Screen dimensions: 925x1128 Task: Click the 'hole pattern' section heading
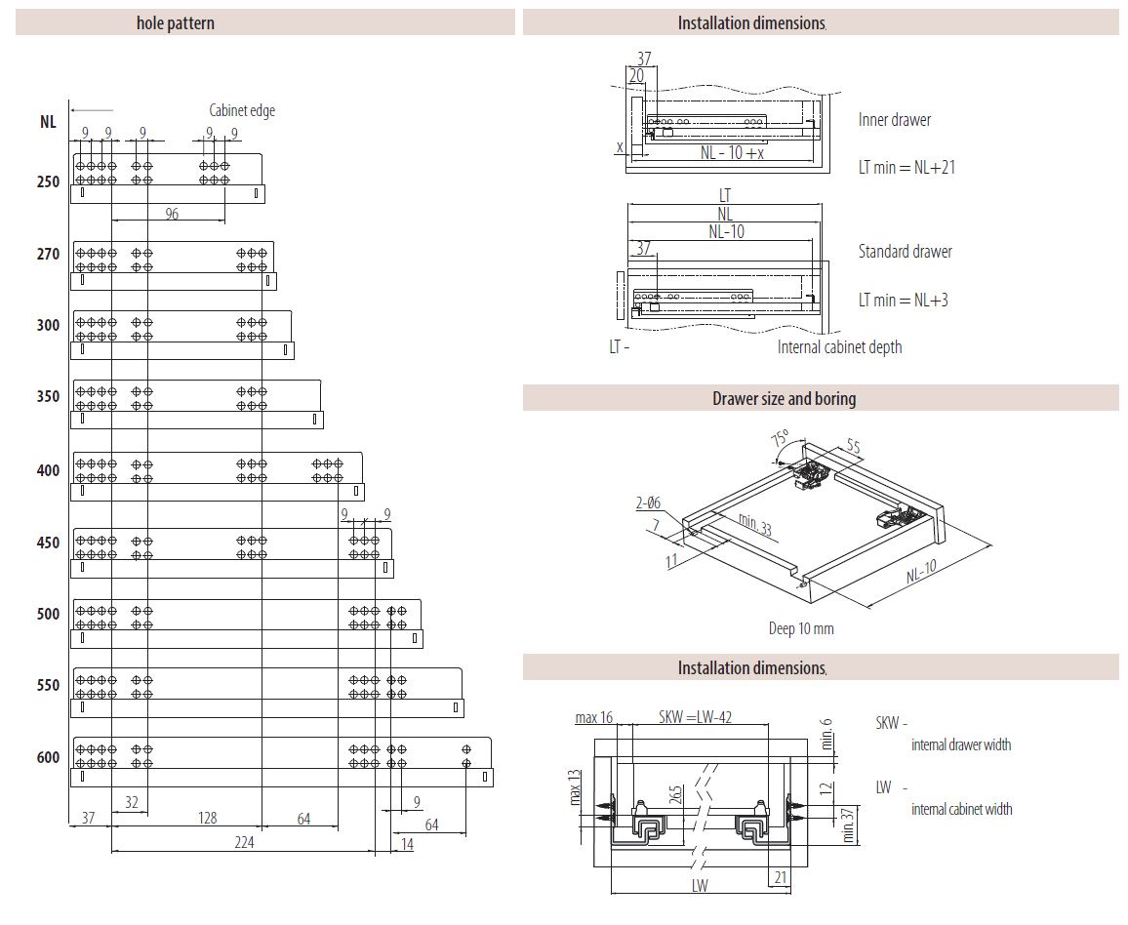176,22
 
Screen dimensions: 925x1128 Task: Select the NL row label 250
48,181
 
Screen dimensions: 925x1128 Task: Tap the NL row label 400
48,470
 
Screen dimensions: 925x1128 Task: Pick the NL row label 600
48,757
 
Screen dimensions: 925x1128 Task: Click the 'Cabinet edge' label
242,110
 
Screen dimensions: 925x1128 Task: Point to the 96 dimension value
172,214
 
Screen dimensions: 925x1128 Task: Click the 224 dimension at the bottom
244,842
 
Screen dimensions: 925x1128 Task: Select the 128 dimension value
207,818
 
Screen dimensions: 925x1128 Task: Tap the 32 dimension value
131,801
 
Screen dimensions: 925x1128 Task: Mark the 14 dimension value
407,843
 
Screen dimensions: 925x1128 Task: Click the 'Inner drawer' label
895,120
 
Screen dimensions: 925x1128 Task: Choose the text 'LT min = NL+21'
906,167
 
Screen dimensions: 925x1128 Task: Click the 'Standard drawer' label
905,252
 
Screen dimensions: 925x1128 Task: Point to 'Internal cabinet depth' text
839,347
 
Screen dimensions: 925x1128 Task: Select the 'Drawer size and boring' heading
784,398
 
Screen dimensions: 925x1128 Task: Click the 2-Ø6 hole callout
648,503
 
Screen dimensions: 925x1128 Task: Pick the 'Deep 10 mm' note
801,628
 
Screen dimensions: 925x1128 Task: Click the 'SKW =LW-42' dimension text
695,717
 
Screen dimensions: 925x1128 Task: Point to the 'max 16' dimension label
593,718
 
